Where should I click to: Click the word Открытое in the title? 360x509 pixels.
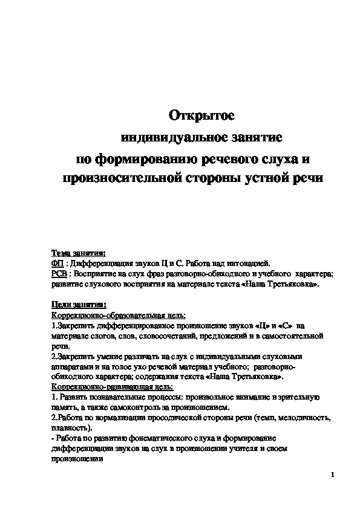click(x=200, y=115)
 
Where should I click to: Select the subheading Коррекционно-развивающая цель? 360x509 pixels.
click(x=112, y=386)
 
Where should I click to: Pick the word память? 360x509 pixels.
click(x=64, y=407)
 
